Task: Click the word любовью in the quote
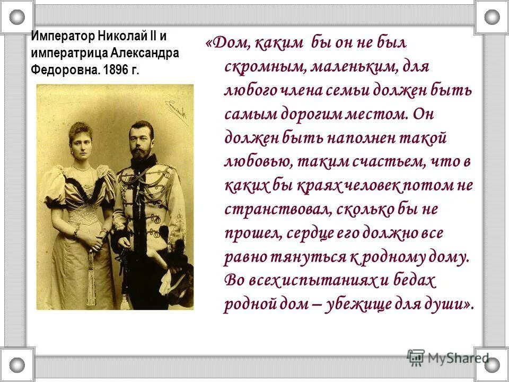256,162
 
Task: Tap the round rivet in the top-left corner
17,17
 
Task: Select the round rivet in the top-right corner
492,17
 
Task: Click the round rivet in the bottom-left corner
17,365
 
